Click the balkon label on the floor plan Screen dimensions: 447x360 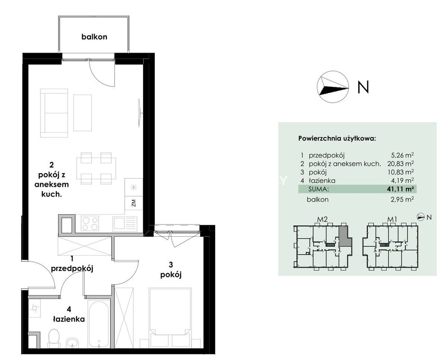[x=94, y=37]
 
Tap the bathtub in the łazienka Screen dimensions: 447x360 [x=98, y=324]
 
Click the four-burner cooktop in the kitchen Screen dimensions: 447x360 [x=90, y=223]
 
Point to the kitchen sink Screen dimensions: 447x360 [x=125, y=224]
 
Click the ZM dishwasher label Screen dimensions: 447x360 [x=133, y=203]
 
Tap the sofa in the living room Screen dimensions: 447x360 [x=54, y=113]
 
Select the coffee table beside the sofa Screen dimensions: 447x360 [x=83, y=113]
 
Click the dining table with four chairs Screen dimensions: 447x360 [x=96, y=168]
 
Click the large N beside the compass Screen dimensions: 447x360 [x=363, y=87]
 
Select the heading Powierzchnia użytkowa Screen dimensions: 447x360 [x=337, y=139]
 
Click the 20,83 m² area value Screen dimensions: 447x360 [x=401, y=164]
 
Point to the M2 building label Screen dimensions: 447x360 [x=322, y=220]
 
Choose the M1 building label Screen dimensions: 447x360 [x=392, y=220]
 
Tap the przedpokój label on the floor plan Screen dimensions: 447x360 [x=72, y=269]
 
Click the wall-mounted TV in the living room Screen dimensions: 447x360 [x=140, y=112]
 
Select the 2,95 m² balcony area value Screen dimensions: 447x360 [x=402, y=199]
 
